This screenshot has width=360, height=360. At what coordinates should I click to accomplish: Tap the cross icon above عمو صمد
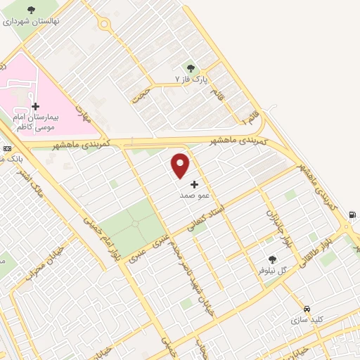(x=195, y=184)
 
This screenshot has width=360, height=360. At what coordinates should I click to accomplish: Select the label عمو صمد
(x=192, y=194)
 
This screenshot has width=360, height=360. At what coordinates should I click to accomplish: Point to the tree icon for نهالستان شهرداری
(x=30, y=11)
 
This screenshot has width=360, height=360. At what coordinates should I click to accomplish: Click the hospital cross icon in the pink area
(x=36, y=106)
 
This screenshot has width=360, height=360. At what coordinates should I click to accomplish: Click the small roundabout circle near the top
(x=105, y=24)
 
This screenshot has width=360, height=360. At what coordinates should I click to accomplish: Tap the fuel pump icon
(x=352, y=216)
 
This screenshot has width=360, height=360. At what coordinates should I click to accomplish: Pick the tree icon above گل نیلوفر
(x=272, y=259)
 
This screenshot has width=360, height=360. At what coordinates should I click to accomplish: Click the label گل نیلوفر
(x=273, y=270)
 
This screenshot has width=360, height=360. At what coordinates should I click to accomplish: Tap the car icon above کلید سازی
(x=307, y=309)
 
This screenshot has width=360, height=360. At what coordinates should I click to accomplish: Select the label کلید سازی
(x=307, y=319)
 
